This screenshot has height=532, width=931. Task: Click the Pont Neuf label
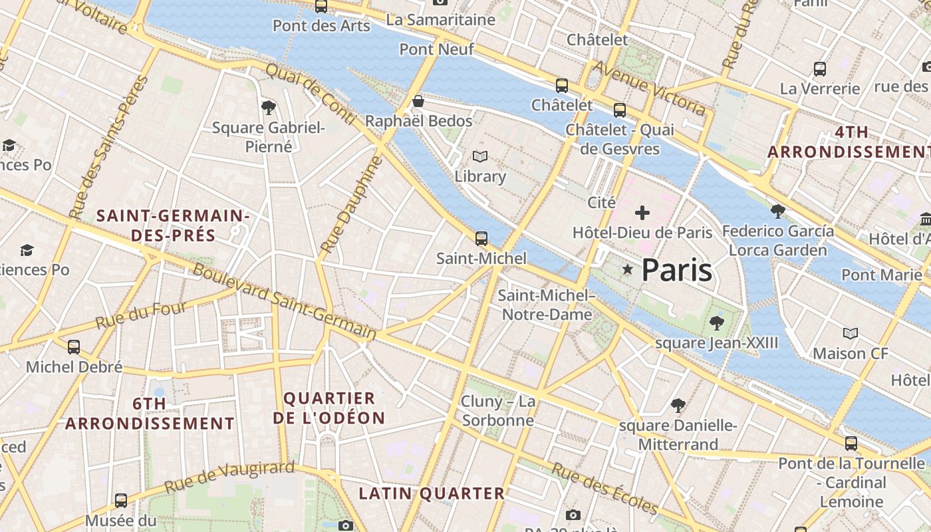click(437, 49)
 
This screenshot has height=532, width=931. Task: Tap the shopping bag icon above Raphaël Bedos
click(418, 101)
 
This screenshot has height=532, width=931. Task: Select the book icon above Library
click(480, 157)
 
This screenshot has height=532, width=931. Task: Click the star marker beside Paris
click(627, 269)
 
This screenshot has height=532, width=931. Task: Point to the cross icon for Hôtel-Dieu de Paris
click(642, 213)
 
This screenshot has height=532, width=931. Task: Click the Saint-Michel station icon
click(481, 238)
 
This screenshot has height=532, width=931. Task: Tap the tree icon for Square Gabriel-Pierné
click(269, 107)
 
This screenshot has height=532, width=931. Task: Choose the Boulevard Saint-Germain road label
click(285, 301)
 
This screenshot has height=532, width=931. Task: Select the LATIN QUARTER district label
click(432, 493)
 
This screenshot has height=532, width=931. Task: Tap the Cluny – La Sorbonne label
click(498, 411)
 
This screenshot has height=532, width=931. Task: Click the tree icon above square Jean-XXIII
click(716, 323)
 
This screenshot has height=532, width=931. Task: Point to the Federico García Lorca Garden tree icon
click(777, 211)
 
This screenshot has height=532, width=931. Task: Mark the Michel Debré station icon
click(74, 347)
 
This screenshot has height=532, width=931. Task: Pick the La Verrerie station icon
click(820, 68)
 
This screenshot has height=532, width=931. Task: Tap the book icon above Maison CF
click(851, 333)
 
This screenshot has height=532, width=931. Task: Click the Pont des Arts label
click(321, 26)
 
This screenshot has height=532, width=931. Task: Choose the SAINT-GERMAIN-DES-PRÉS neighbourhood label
click(173, 225)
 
